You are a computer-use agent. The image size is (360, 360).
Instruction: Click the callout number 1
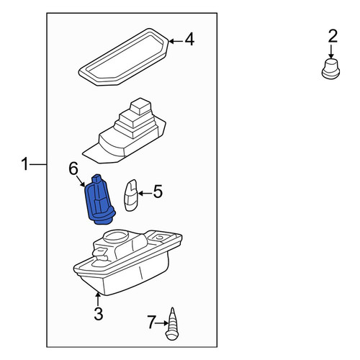point(24,164)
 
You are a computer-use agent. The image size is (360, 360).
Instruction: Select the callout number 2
point(333,36)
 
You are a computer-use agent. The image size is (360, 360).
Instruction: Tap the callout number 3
point(99,313)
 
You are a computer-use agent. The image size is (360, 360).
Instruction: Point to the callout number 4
point(189,40)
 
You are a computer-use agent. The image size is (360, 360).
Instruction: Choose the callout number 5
point(158,192)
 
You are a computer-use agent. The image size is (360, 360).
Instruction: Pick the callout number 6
point(73,168)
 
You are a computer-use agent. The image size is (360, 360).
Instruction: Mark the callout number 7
point(151,323)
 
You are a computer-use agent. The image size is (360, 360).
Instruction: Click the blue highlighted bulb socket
point(100,199)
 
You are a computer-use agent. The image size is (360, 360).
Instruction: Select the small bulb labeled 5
point(131,195)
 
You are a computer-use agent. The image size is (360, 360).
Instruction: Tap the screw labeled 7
point(172,324)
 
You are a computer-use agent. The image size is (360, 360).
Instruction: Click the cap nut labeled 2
point(330,69)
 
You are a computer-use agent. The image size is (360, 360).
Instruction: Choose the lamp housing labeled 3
point(127,264)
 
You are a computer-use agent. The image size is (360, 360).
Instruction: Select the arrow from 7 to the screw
point(162,323)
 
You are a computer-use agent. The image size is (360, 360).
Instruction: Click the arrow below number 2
point(331,52)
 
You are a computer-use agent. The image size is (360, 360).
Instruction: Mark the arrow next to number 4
point(176,42)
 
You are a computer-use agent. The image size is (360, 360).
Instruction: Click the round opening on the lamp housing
point(115,236)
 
